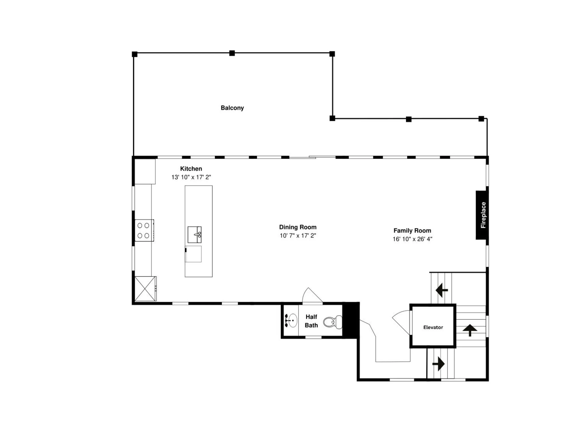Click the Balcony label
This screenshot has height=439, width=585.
tap(232, 108)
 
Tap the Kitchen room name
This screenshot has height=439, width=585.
tap(191, 168)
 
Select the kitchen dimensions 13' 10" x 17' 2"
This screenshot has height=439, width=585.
tap(191, 177)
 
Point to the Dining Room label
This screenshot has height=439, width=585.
tap(298, 227)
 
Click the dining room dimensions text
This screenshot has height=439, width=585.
tap(298, 236)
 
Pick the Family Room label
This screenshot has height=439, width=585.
tap(412, 230)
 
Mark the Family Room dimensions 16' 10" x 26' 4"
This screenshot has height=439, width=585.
tap(412, 239)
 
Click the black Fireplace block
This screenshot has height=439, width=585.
tap(482, 215)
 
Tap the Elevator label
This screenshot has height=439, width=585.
tap(433, 327)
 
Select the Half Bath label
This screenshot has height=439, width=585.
tap(311, 321)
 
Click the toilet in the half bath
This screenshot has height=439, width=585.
tap(333, 322)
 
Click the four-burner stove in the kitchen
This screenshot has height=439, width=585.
tap(144, 230)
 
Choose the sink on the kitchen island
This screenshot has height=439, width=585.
tap(194, 235)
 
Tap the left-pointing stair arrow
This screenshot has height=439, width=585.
tap(441, 290)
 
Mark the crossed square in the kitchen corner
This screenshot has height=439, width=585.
tap(145, 289)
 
